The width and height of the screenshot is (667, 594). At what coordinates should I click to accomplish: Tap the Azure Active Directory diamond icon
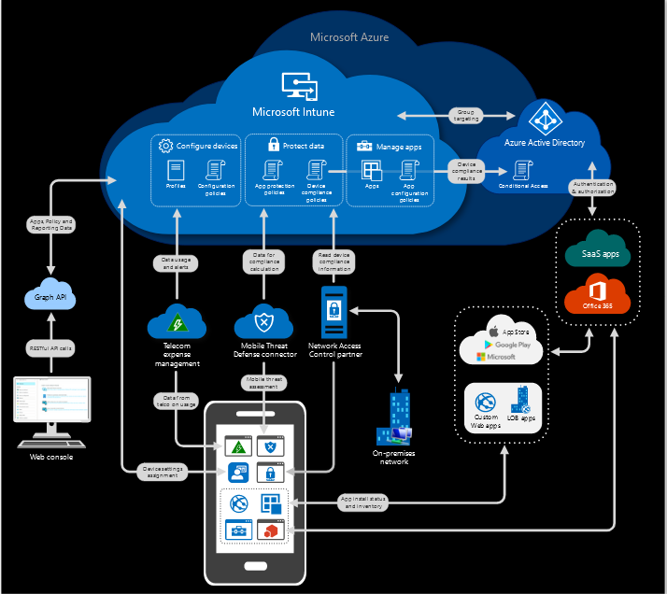543,120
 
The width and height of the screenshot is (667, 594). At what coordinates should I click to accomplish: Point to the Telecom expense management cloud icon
176,322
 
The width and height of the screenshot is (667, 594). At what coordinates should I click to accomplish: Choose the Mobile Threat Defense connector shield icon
264,322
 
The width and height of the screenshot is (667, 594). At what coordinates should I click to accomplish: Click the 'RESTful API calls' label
50,346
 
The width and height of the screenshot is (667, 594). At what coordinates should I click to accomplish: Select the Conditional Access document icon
520,171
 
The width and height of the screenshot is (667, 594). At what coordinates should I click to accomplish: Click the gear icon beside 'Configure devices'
165,146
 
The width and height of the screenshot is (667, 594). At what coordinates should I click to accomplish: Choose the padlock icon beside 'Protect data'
274,146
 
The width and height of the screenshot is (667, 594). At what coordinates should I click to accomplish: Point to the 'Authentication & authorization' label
593,187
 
